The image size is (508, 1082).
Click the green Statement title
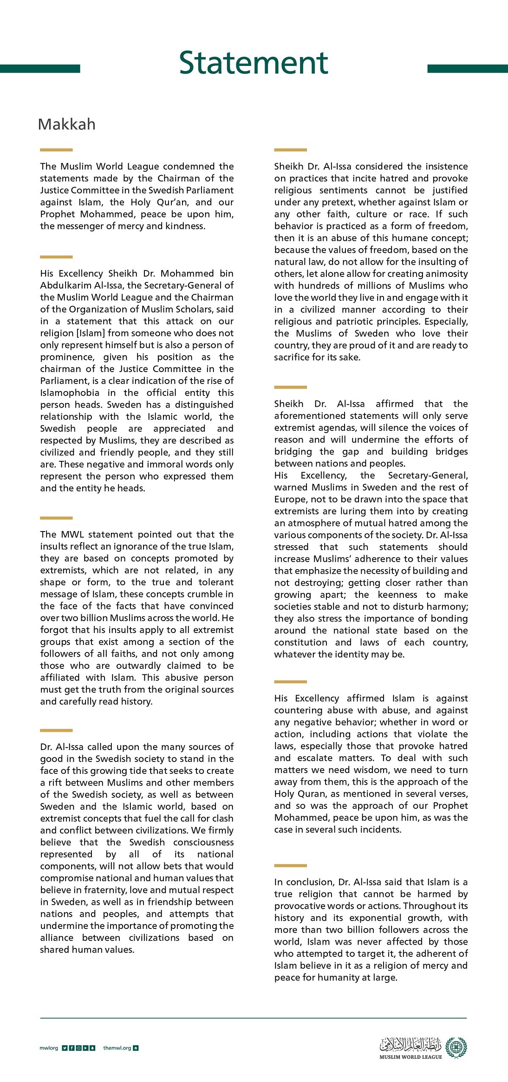tap(253, 63)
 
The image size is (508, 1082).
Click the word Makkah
tap(66, 124)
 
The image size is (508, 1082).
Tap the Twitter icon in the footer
tap(65, 1048)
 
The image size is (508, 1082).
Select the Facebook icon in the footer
tap(72, 1048)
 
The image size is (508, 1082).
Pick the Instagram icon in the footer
tap(79, 1048)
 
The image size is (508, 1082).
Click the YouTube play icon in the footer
tap(86, 1048)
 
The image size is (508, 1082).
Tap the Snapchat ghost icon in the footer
tap(93, 1048)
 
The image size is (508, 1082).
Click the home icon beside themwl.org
tap(135, 1048)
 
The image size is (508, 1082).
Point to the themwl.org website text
tap(117, 1048)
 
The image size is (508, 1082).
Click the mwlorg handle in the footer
tap(49, 1048)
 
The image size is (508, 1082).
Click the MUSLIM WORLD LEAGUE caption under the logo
tap(410, 1057)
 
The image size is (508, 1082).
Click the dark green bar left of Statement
tap(40, 68)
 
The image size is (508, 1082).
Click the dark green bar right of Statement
tap(467, 68)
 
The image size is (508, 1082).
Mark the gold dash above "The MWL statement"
tap(56, 518)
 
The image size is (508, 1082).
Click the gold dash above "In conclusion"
tap(290, 866)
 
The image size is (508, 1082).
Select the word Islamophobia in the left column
tap(70, 393)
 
